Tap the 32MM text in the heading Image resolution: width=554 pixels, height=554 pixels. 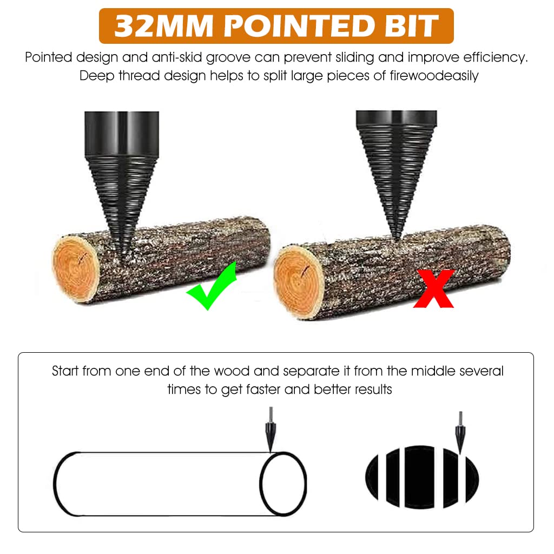click(x=152, y=26)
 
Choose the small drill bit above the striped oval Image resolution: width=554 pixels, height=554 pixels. click(x=460, y=431)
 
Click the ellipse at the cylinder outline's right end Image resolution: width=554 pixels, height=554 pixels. click(x=283, y=483)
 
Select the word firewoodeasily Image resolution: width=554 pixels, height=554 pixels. click(x=434, y=76)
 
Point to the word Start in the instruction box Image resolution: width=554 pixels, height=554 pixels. click(x=65, y=371)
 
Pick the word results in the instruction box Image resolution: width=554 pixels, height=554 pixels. click(x=373, y=389)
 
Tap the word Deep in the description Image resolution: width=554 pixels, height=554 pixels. click(x=97, y=76)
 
